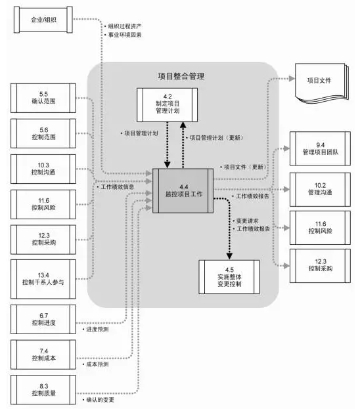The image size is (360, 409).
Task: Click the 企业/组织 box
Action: click(x=43, y=20)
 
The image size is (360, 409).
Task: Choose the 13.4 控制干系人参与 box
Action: click(x=43, y=276)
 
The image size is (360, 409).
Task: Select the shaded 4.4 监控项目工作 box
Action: click(x=183, y=190)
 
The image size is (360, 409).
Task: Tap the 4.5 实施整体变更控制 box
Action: click(x=229, y=278)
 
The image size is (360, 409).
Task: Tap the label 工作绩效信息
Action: click(x=116, y=188)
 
